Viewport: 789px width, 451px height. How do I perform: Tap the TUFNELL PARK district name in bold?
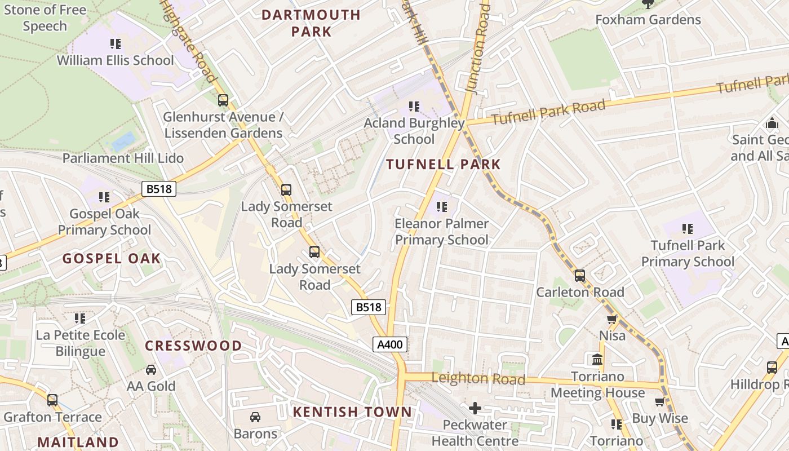click(443, 165)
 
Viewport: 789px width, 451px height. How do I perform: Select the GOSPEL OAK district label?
click(112, 259)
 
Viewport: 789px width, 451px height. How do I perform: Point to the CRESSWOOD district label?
click(193, 346)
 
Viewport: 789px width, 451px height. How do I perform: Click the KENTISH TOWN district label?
click(352, 412)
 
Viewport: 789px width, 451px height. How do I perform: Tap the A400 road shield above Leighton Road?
click(389, 344)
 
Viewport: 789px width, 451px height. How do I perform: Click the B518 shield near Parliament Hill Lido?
click(158, 189)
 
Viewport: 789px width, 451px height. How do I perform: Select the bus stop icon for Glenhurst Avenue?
click(223, 100)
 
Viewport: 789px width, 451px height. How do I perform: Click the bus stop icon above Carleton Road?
click(579, 276)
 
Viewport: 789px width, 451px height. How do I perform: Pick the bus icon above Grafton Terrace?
click(52, 400)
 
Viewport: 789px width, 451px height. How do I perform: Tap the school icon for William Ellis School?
click(116, 43)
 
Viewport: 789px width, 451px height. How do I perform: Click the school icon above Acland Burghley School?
click(414, 106)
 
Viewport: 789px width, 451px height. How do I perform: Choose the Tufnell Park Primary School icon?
click(687, 228)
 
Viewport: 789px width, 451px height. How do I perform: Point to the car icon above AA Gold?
click(151, 370)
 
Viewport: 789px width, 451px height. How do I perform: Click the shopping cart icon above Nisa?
click(611, 319)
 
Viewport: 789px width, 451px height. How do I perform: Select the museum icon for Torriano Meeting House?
click(597, 359)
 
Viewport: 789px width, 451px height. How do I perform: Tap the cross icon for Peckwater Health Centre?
click(475, 408)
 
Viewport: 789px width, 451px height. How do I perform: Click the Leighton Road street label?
click(478, 379)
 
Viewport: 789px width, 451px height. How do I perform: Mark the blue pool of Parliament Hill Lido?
click(123, 141)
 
